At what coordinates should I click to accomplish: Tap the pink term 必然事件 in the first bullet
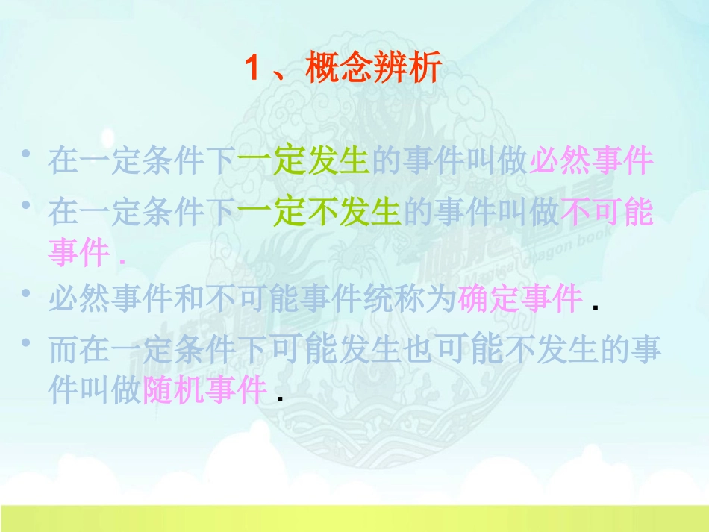[591, 160]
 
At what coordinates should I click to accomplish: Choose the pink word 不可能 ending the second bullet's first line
[607, 213]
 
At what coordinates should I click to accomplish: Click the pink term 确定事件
[520, 300]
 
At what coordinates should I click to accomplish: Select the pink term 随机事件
[204, 389]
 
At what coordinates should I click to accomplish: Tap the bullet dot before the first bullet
[26, 154]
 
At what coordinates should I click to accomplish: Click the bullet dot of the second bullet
[26, 205]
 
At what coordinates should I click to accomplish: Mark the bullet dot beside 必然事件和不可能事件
[26, 293]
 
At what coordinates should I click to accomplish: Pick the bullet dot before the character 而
[26, 344]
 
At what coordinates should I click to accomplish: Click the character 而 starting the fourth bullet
[63, 351]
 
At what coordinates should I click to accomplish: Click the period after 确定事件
[595, 308]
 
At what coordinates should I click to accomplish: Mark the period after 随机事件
[279, 398]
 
